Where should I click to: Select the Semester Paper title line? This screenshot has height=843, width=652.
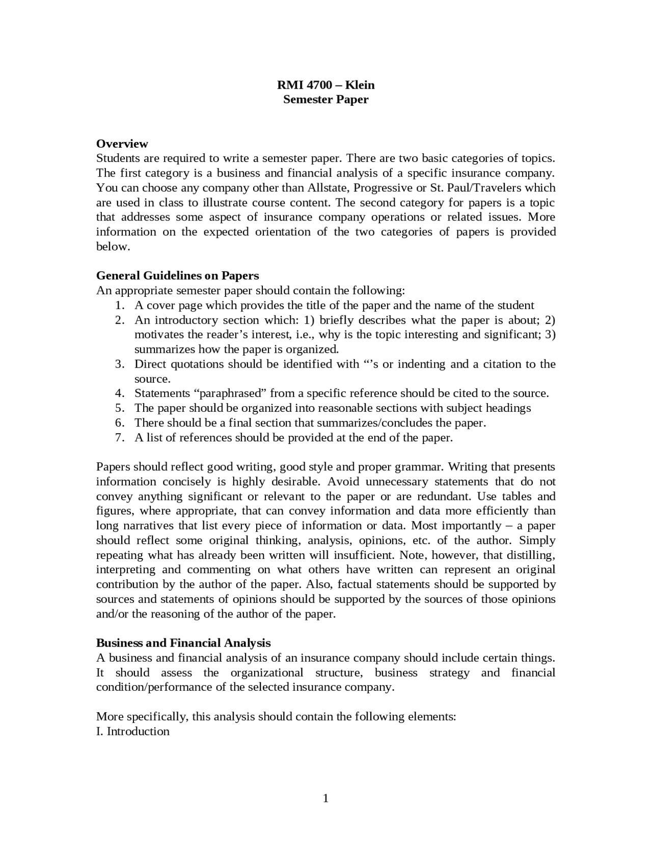pos(325,99)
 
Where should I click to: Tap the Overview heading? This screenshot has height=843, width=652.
pos(122,144)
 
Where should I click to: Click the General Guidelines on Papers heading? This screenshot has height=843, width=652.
pos(177,275)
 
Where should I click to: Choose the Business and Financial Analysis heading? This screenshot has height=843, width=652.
pos(183,643)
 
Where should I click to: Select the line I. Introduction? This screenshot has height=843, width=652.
pos(133,732)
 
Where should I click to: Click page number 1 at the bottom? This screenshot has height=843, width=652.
pos(325,799)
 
